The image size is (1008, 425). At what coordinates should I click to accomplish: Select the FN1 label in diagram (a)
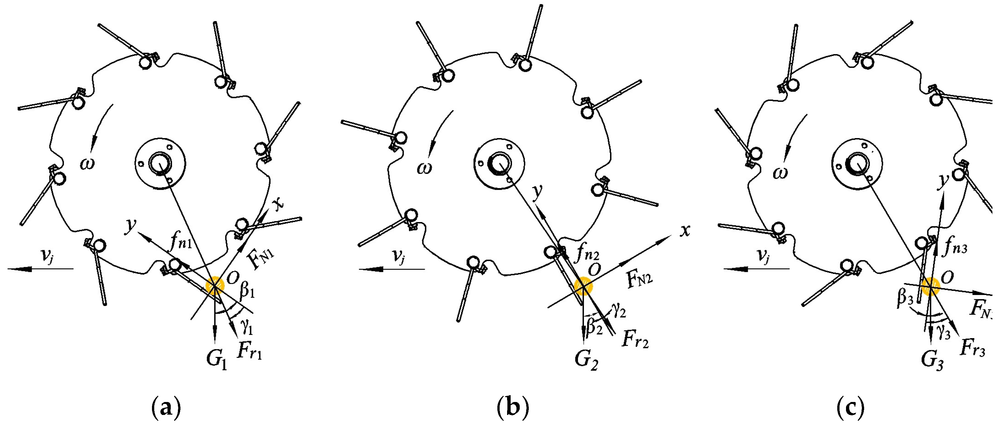(x=261, y=259)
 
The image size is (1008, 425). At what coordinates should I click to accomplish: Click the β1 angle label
(x=247, y=289)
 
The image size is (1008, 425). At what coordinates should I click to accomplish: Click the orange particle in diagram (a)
(x=215, y=286)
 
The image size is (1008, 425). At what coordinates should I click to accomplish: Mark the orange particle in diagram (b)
(x=583, y=286)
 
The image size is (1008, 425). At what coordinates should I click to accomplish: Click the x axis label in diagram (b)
(x=684, y=231)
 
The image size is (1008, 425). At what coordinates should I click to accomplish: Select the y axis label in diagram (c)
(x=944, y=181)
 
